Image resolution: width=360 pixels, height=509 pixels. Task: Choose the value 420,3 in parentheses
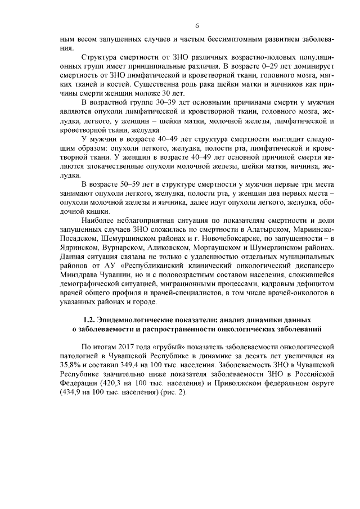(x=111, y=383)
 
